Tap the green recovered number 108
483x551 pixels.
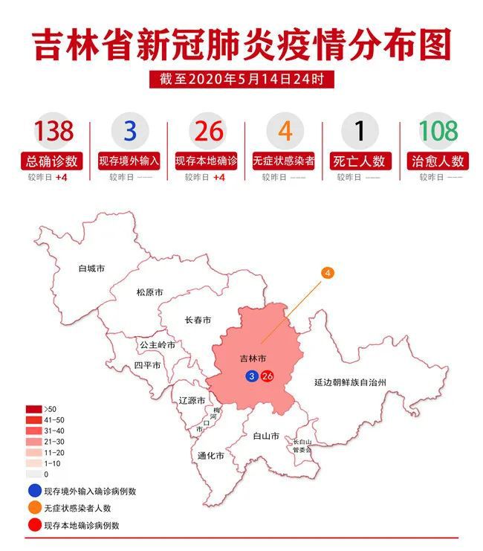tap(438, 131)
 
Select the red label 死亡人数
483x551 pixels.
tap(360, 161)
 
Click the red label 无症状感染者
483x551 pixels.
tap(283, 161)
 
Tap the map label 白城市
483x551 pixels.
tap(91, 268)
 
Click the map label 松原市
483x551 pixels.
tap(149, 292)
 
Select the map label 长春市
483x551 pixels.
tap(198, 320)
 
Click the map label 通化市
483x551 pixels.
tap(211, 455)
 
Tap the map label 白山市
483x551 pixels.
tap(265, 436)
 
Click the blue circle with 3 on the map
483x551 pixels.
tap(253, 377)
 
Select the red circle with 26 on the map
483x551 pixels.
tap(268, 377)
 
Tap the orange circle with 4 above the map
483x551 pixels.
tap(327, 273)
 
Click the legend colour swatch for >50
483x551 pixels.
tap(33, 410)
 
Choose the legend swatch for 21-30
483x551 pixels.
tap(33, 442)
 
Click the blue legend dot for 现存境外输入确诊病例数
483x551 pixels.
tap(33, 492)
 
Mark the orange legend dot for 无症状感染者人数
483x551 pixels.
tap(33, 509)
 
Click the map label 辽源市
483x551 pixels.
tap(192, 400)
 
